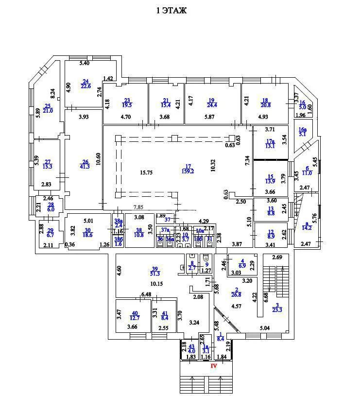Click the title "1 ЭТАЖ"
click(171, 10)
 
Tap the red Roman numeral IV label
click(213, 366)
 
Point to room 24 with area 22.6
click(86, 84)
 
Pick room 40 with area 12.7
click(135, 315)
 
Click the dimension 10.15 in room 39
click(156, 283)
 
